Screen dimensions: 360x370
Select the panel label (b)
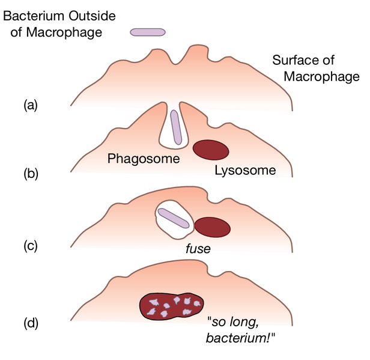(30, 175)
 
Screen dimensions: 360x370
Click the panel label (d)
(30, 323)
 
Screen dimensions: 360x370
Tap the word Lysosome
(245, 171)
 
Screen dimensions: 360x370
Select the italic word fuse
(198, 248)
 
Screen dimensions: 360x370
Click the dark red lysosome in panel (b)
(211, 150)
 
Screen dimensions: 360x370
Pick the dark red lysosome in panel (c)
(213, 227)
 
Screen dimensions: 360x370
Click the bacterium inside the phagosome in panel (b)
(175, 127)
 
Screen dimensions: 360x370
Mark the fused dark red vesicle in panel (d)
(172, 307)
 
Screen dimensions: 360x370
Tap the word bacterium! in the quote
(240, 338)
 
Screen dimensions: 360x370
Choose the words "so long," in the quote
(234, 322)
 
